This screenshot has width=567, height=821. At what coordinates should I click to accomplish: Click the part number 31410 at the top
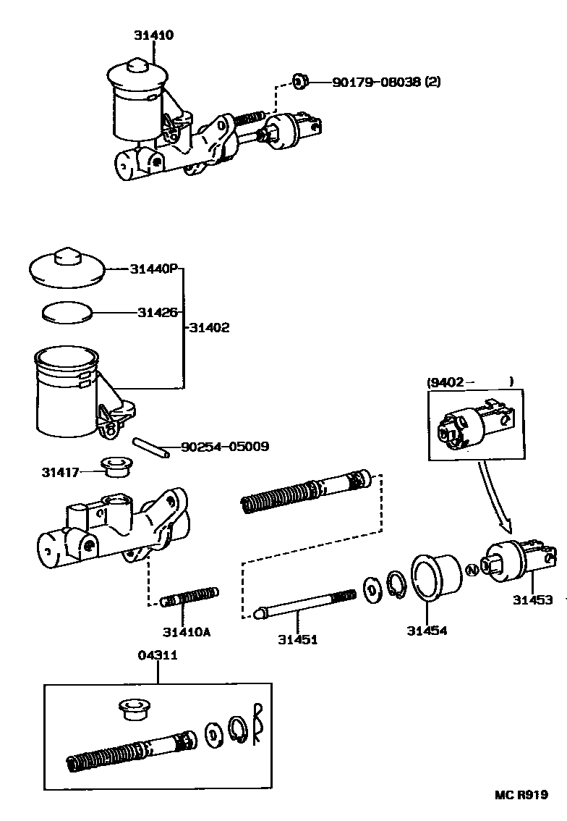tap(153, 35)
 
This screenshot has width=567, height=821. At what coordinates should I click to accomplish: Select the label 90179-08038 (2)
tap(385, 82)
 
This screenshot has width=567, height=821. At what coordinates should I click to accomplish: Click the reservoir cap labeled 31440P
tap(67, 268)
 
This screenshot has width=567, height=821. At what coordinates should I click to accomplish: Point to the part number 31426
tap(157, 313)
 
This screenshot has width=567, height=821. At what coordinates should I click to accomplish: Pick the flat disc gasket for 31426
tap(66, 312)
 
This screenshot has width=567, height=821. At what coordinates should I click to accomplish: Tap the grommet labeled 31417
tap(112, 467)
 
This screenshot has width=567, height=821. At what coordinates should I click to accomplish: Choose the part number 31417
tap(59, 472)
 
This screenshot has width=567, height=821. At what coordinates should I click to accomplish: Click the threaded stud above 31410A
tap(188, 597)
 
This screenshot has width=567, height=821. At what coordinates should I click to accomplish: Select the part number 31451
tap(297, 639)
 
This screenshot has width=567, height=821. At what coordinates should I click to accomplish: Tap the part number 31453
tap(532, 599)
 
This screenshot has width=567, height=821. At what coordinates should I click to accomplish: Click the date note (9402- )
tap(469, 382)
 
